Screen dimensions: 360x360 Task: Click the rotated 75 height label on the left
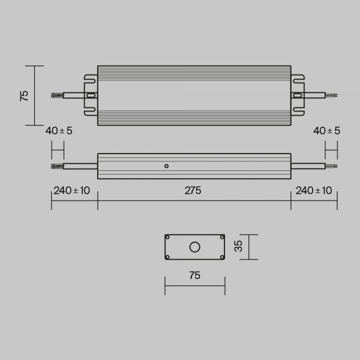tap(25, 96)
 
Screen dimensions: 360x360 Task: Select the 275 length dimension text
tap(193, 191)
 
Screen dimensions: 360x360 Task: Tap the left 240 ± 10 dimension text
tap(72, 191)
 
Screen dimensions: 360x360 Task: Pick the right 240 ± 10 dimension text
tap(314, 191)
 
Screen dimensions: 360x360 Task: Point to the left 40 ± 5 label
tap(58, 131)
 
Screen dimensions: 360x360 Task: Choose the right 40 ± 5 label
tap(326, 131)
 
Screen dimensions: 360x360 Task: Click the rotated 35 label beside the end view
tap(238, 247)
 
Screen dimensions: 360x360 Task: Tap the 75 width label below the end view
tap(194, 275)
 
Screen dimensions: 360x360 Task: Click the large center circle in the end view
tap(194, 247)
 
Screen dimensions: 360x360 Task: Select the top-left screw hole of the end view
tap(168, 238)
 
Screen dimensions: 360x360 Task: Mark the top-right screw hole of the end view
tap(221, 238)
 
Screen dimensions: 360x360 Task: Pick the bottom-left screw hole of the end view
tap(168, 257)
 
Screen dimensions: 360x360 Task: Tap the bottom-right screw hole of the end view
tap(221, 257)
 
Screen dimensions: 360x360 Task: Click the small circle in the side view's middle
tap(167, 166)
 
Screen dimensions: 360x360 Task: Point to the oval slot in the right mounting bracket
tap(298, 95)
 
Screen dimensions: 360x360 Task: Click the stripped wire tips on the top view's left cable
tap(57, 95)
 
